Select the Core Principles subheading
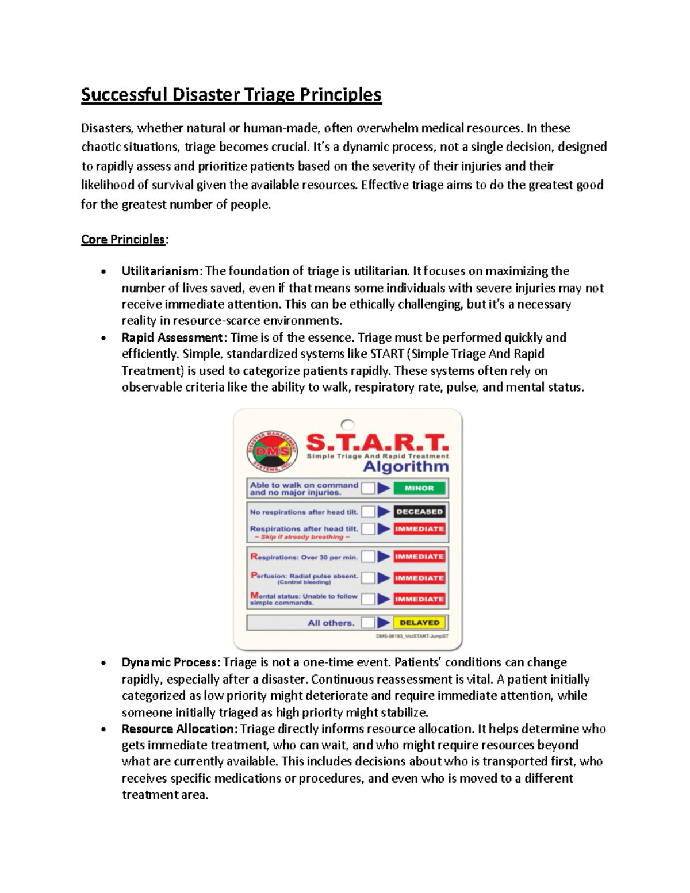(x=123, y=239)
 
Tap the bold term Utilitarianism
(x=161, y=271)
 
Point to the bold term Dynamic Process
(x=169, y=662)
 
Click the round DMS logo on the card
(x=272, y=451)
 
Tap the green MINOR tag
(x=419, y=488)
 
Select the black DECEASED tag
(x=419, y=511)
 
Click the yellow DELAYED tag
(x=419, y=622)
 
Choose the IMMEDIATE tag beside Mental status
(x=419, y=599)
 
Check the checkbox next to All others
(x=368, y=622)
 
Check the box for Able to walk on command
(x=368, y=488)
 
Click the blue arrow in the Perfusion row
(x=384, y=578)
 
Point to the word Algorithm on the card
(x=406, y=466)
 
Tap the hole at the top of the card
(x=347, y=425)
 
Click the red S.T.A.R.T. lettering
(x=377, y=443)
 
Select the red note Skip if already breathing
(x=302, y=537)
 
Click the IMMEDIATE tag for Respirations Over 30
(x=419, y=557)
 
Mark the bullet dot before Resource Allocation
(x=103, y=730)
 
